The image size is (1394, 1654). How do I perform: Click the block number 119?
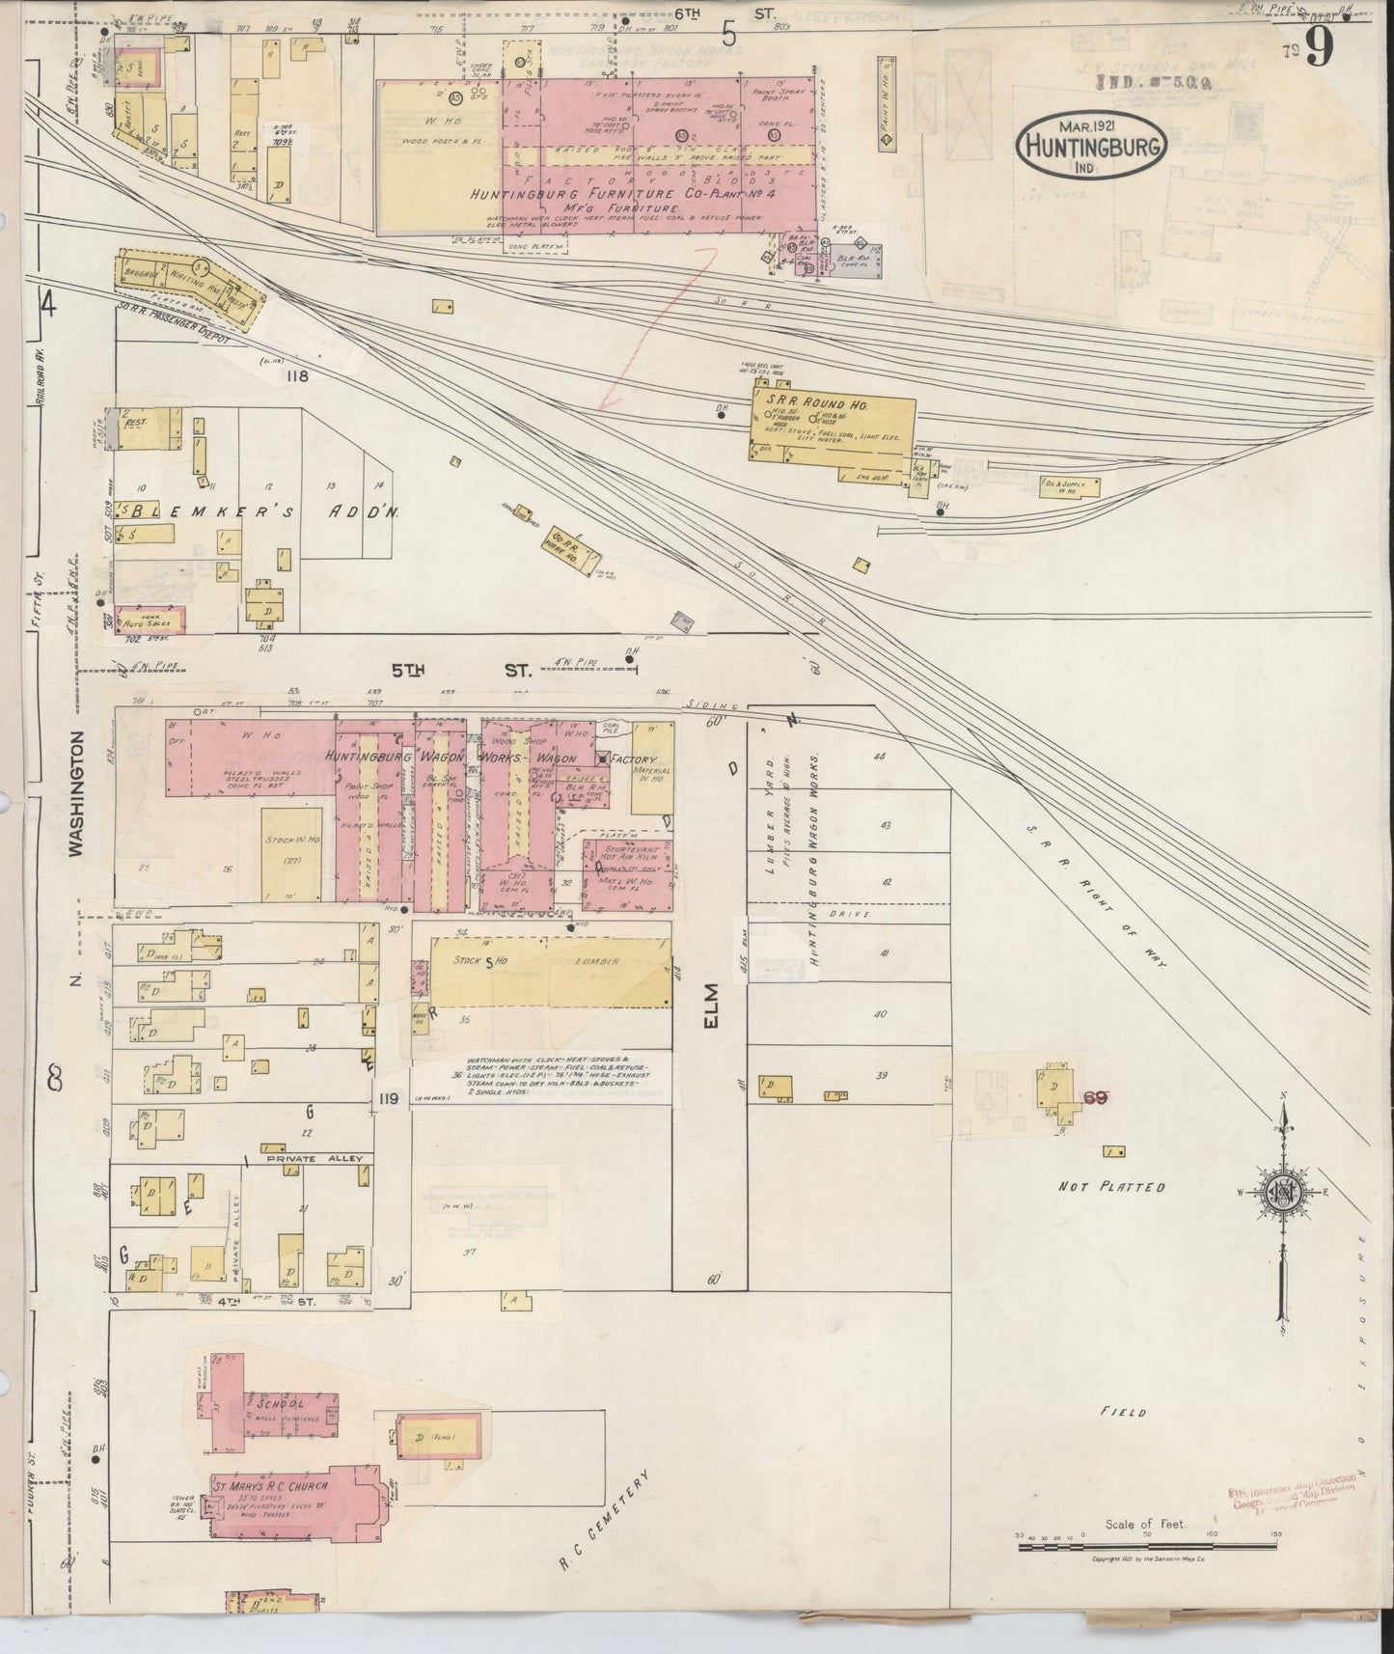tap(389, 1097)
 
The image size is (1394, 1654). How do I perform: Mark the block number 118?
tap(295, 376)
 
